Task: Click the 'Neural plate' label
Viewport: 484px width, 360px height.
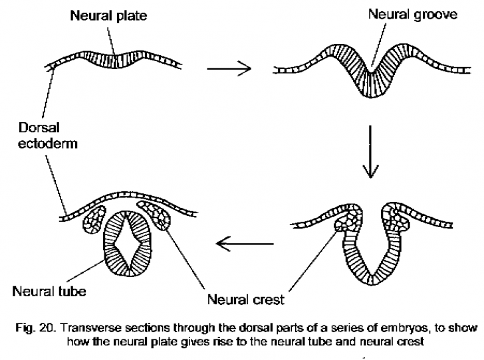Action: click(x=110, y=14)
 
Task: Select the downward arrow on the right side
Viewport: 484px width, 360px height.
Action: click(x=372, y=153)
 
